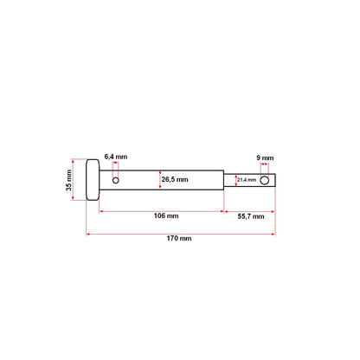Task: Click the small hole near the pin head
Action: pos(115,180)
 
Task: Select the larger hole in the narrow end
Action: pos(265,180)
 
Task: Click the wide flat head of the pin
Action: pos(92,180)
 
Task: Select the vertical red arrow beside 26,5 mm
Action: pos(161,180)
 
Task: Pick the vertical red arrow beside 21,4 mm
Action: pos(233,180)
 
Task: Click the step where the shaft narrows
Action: pos(223,180)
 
